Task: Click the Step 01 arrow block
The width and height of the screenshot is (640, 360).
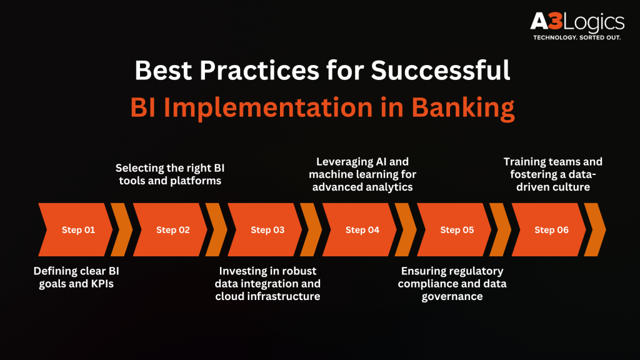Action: click(76, 230)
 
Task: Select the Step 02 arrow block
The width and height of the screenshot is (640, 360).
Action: click(171, 230)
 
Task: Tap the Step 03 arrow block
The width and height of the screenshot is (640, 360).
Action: click(265, 230)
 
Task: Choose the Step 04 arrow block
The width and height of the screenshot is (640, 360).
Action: click(360, 230)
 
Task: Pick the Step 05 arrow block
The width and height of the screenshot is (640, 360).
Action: click(455, 230)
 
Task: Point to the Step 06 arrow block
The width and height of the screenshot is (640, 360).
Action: click(549, 230)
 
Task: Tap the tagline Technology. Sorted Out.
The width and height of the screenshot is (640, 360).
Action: click(577, 37)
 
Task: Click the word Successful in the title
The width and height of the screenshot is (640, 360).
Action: click(441, 70)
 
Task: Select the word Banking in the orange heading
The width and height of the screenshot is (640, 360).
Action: click(463, 107)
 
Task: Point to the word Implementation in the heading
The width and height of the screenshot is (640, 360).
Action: click(268, 107)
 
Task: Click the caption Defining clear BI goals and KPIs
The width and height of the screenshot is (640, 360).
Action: click(76, 277)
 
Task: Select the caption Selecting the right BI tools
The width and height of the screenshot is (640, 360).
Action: click(170, 174)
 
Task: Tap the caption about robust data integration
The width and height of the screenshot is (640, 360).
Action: click(267, 284)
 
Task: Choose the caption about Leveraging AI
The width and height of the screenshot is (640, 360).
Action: click(362, 174)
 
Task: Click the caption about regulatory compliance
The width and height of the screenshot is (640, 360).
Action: click(452, 284)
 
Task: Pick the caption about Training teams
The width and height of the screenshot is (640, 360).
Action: click(553, 174)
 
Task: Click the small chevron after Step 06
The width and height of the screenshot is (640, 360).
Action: click(595, 230)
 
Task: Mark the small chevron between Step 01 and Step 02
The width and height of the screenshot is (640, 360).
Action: click(122, 230)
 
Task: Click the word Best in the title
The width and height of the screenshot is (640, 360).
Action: click(163, 70)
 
